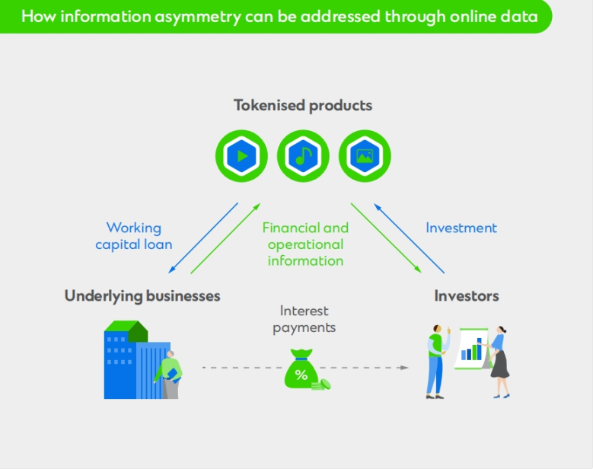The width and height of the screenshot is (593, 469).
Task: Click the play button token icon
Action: click(241, 156)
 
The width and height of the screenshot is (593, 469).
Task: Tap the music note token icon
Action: click(303, 156)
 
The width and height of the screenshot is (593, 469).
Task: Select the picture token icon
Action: click(365, 156)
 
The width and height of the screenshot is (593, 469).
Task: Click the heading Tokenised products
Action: click(303, 105)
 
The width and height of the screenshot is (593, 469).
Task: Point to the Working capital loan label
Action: click(134, 236)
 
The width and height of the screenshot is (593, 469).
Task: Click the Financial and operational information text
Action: click(305, 244)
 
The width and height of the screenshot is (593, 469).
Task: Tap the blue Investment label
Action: click(461, 228)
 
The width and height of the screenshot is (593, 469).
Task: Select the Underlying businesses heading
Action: click(142, 295)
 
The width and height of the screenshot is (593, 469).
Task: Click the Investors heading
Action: click(467, 295)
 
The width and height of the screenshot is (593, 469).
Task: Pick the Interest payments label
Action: click(304, 319)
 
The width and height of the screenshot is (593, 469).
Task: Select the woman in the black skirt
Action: click(499, 362)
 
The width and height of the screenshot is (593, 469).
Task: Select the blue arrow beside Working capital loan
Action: click(203, 238)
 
